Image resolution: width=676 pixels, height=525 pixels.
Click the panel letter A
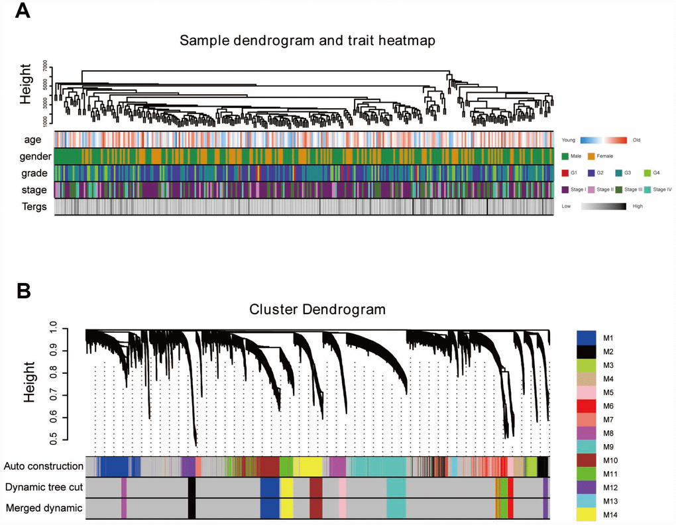23,11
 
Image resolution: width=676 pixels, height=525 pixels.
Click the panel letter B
23,290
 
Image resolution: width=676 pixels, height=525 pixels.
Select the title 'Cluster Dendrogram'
317,309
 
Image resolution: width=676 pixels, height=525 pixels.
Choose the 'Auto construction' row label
44,467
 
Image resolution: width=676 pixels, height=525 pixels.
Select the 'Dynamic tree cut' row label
44,487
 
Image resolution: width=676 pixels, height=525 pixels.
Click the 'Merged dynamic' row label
44,508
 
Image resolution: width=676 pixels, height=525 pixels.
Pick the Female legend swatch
592,156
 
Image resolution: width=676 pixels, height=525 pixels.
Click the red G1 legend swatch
565,173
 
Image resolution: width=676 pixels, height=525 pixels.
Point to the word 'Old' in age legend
637,140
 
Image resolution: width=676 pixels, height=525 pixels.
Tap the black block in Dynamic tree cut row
192,487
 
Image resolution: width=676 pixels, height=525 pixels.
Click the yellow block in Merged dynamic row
287,508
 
